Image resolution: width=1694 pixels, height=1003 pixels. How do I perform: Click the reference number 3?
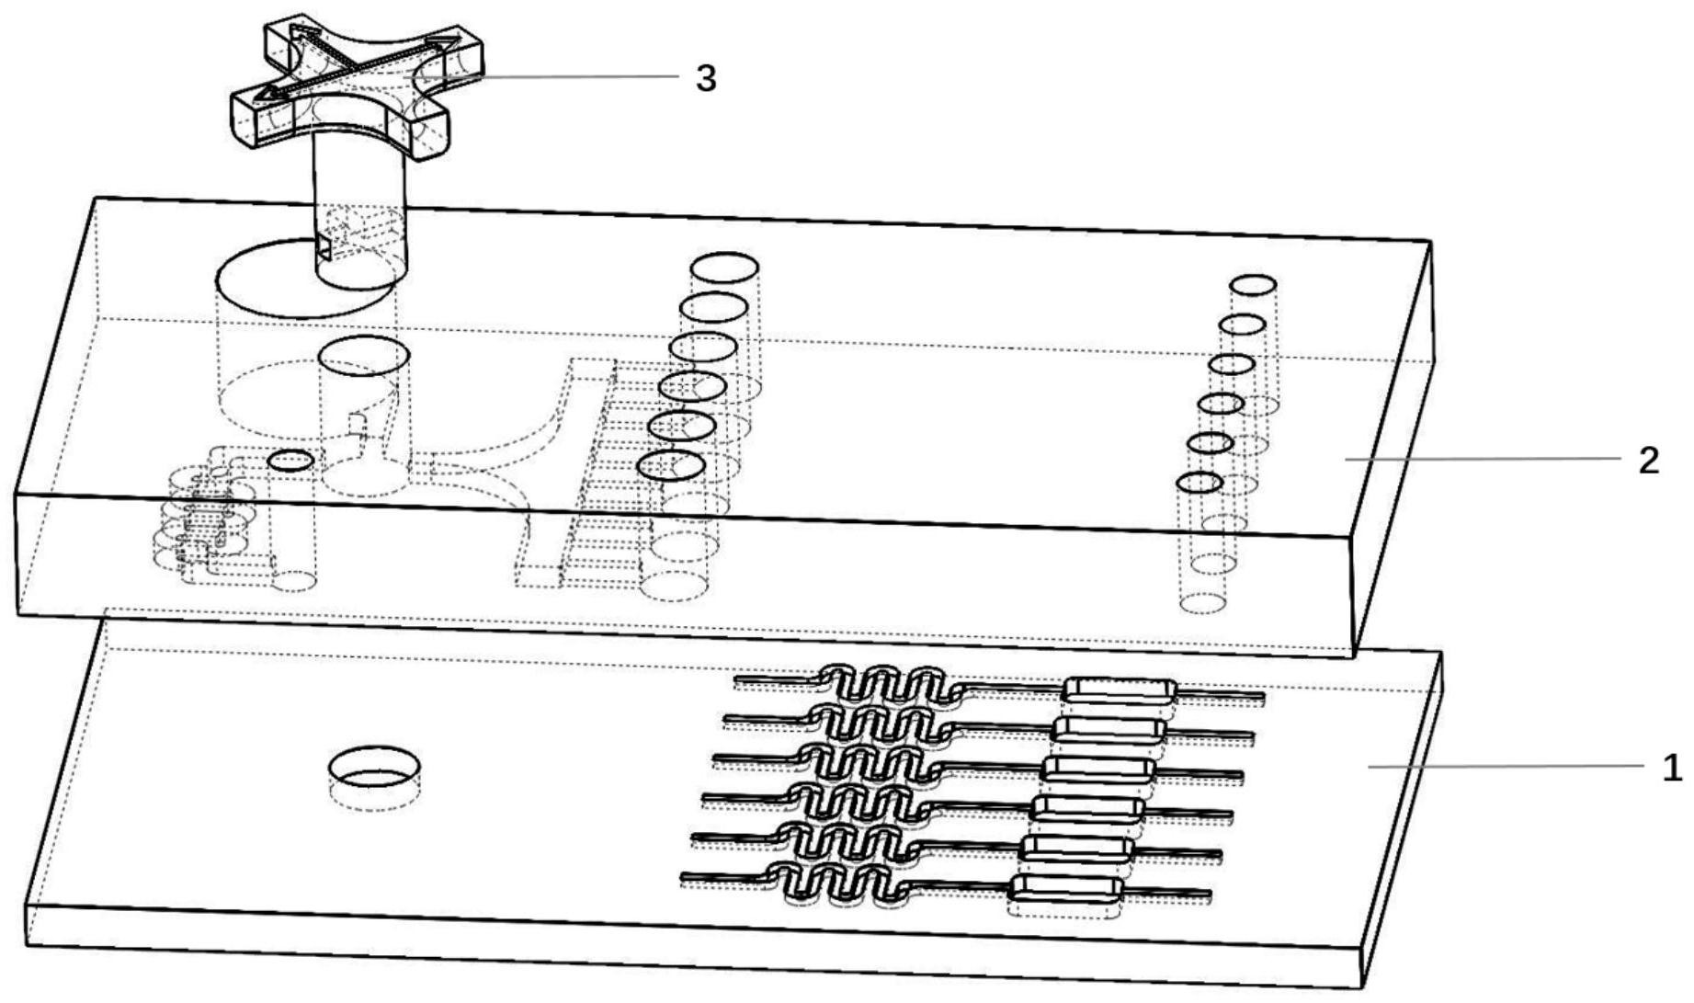pos(705,78)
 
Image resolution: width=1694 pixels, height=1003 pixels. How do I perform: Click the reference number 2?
pos(1650,460)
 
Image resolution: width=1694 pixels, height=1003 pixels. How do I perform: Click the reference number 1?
pos(1673,767)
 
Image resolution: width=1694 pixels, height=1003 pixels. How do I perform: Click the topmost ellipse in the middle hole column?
pos(724,268)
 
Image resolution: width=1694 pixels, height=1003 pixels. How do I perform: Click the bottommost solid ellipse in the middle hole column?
pos(671,466)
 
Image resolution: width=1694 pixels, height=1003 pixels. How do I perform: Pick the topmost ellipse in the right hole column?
pos(1254,285)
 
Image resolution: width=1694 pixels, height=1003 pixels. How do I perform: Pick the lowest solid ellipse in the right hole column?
pos(1200,482)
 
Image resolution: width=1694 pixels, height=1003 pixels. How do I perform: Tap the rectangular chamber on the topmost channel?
pos(1119,689)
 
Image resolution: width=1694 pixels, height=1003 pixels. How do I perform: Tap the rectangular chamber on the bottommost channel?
pos(1066,887)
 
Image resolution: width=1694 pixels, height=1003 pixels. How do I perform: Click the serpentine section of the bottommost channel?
pos(836,883)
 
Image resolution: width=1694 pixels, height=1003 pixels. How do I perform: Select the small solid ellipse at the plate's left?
pos(292,460)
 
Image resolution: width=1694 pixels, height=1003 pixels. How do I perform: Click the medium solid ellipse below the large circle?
pos(364,356)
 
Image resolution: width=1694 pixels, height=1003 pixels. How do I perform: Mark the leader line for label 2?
pos(1484,458)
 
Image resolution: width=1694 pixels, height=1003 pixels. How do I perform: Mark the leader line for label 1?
pos(1508,765)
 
